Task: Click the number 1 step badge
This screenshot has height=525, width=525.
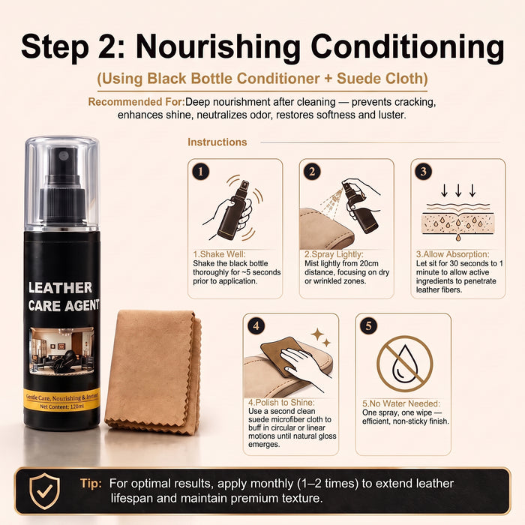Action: (201, 172)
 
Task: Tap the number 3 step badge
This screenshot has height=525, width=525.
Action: (424, 172)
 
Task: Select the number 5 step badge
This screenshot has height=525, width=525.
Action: (369, 325)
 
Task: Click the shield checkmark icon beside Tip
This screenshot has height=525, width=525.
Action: (44, 491)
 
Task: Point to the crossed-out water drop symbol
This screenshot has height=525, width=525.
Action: (405, 364)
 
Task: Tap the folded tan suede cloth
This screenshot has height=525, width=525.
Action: (154, 372)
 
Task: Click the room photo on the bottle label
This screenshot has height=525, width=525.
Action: (62, 350)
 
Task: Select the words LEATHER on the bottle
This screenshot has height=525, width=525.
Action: (60, 287)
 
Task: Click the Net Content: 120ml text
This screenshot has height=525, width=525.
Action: (62, 406)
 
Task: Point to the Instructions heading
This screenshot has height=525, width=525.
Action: (217, 142)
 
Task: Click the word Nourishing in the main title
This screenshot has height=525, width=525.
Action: (218, 46)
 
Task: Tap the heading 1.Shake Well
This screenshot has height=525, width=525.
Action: (219, 254)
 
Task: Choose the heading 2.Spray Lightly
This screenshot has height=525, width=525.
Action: (334, 254)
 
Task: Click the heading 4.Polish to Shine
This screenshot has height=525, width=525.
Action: (281, 402)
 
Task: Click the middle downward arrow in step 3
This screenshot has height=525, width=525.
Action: (458, 190)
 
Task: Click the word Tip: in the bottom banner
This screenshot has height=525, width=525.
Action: (91, 483)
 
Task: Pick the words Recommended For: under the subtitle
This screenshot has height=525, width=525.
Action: (136, 102)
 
